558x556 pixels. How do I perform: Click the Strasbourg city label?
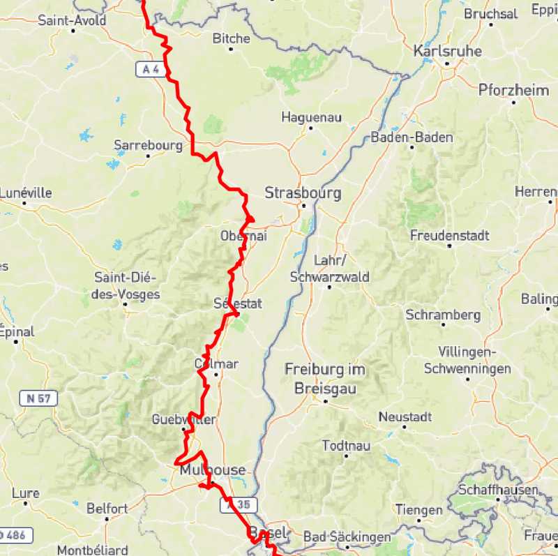point(303,193)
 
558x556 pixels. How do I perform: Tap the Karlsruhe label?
point(446,51)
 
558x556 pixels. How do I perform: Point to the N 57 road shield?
point(38,399)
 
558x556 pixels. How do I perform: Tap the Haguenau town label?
point(311,117)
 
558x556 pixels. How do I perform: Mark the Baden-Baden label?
point(412,137)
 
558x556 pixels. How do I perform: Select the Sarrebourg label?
point(148,146)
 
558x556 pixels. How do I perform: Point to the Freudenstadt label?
point(449,235)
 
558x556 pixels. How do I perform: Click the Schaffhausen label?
point(498,490)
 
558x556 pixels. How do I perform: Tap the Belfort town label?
point(107,509)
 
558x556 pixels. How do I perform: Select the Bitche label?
point(231,38)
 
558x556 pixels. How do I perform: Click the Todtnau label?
point(345,445)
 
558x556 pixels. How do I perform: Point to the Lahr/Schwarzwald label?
point(329,269)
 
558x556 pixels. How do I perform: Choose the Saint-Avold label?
point(72,20)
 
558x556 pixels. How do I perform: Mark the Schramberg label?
point(443,315)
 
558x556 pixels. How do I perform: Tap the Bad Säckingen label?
point(347,537)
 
